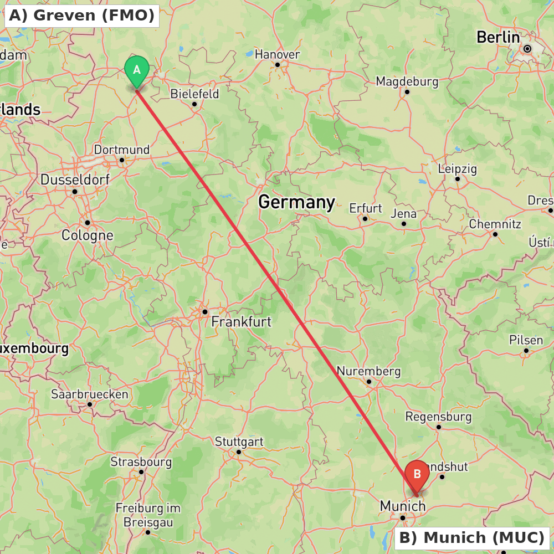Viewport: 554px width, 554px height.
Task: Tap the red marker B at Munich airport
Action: click(x=417, y=475)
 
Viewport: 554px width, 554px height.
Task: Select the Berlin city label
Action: click(x=498, y=38)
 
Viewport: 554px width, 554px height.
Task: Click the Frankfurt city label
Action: click(x=242, y=321)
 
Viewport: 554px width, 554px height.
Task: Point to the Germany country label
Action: click(x=296, y=202)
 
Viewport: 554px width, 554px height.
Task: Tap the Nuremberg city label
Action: click(x=368, y=371)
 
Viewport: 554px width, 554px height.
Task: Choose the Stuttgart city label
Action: click(x=239, y=442)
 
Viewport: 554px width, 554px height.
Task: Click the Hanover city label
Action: click(x=277, y=54)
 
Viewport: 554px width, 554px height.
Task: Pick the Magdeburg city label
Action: click(x=407, y=81)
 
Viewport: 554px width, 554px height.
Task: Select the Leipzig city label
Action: click(x=457, y=168)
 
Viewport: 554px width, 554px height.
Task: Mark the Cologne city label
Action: click(x=87, y=235)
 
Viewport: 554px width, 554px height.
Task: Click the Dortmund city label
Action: click(x=121, y=150)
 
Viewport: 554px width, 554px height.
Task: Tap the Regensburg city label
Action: click(x=438, y=416)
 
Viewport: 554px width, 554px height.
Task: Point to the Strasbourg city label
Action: click(x=141, y=461)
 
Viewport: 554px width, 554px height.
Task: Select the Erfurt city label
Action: click(x=365, y=208)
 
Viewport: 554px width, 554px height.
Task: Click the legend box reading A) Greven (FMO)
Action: click(x=82, y=16)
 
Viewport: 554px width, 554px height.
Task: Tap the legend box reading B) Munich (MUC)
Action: click(x=472, y=537)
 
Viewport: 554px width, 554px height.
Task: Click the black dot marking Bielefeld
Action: click(x=194, y=104)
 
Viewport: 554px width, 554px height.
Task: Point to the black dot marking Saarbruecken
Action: click(x=90, y=404)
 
